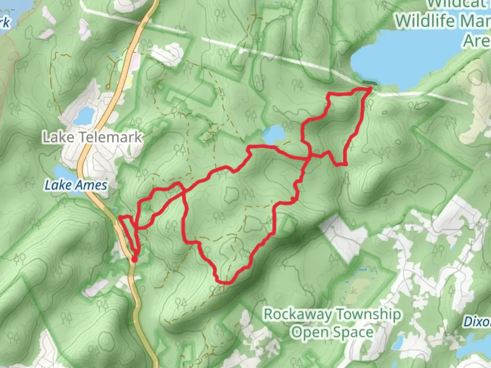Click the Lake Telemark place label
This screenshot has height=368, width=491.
92,137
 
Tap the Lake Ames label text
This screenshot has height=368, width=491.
76,185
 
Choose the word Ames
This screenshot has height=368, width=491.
91,185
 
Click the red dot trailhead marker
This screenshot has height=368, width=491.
134,260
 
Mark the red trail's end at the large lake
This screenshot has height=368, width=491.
370,88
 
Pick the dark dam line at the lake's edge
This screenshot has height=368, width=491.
370,83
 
